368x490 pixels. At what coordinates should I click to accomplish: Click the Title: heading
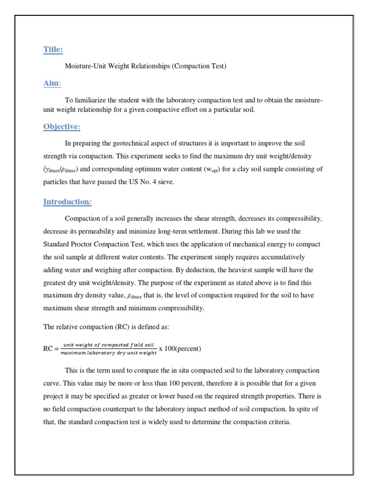53,49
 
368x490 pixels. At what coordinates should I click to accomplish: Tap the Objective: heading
62,126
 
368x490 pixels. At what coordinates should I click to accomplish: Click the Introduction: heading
68,201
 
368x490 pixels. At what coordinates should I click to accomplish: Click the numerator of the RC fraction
109,345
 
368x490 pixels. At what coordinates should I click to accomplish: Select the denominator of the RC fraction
109,353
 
